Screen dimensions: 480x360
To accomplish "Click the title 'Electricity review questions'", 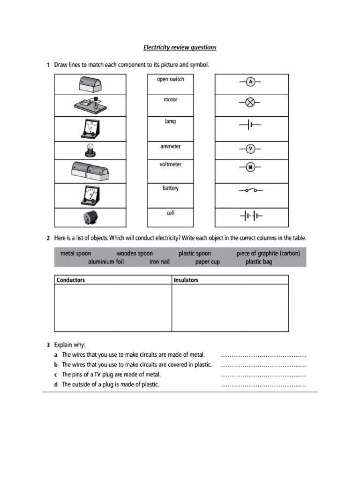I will point(180,48).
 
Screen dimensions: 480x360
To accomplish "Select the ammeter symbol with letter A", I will point(250,82).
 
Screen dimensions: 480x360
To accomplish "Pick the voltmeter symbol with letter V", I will point(250,149).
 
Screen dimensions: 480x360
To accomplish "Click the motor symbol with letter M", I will point(250,167).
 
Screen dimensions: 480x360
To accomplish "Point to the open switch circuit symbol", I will point(250,191).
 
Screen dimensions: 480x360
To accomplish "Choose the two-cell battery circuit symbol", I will point(251,216).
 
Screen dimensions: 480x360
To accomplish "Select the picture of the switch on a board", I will point(90,105).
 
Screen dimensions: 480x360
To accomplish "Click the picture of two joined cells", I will point(90,171).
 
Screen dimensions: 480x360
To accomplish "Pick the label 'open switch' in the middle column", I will point(170,79).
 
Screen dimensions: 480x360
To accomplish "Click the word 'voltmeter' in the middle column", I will point(170,165).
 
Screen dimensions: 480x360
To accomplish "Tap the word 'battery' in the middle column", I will point(170,188).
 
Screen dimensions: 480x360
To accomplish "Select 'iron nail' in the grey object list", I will point(159,262).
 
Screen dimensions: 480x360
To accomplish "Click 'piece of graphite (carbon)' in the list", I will point(268,253).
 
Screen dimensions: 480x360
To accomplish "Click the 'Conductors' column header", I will point(71,280).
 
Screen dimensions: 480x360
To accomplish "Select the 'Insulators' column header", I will point(186,280).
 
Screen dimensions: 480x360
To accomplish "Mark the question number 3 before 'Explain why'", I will point(48,345).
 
